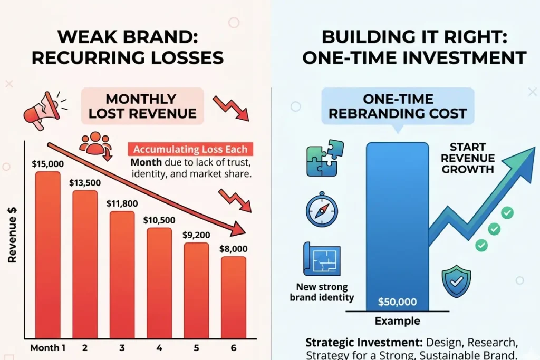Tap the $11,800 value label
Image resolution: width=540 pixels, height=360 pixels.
coord(122,203)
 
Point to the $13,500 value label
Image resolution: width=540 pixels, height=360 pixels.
coord(85,182)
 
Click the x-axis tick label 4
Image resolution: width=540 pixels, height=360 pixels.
coord(159,348)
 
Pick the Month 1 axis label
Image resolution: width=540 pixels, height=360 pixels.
coord(48,348)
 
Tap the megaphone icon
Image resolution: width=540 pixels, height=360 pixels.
coord(41,109)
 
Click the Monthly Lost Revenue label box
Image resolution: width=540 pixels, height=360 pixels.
coord(142,106)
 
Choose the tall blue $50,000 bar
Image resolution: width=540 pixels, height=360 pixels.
coord(397,227)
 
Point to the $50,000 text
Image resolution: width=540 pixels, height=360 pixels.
coord(397,302)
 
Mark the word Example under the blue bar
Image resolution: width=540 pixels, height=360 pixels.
coord(397,321)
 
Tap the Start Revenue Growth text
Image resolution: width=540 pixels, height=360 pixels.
coord(468,158)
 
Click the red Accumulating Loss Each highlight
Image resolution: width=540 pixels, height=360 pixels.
coord(190,149)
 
